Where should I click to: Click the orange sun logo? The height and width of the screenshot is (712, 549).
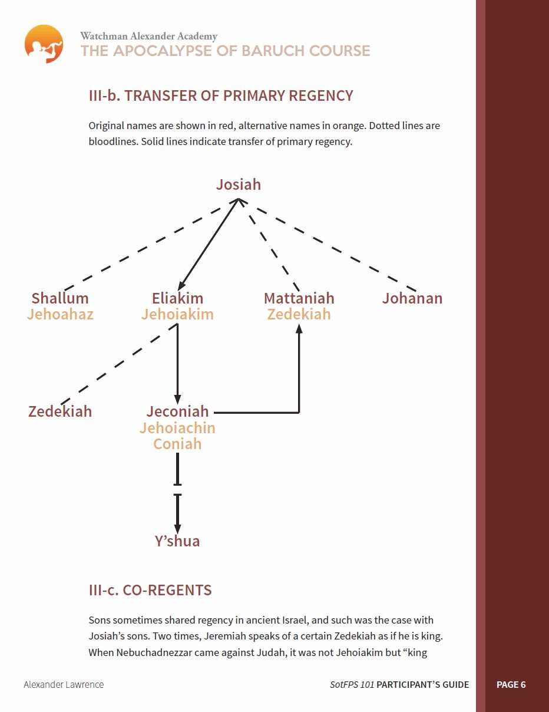(44, 44)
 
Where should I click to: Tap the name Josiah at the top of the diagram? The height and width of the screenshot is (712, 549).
(239, 185)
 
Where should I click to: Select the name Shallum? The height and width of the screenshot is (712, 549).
(60, 298)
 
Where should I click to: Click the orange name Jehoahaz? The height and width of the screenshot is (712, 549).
(60, 314)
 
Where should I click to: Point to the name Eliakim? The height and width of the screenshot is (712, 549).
(177, 298)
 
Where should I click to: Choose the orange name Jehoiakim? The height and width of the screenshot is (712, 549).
(177, 314)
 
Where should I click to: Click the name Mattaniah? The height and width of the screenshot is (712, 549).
(299, 298)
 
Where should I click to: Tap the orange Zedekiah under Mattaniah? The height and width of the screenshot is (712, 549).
(299, 314)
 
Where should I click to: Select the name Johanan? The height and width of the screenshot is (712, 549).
(412, 298)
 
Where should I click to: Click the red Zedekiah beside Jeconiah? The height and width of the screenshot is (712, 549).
(60, 411)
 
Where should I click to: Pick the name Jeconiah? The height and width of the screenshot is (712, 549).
(177, 411)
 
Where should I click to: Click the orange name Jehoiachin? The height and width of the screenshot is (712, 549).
(177, 428)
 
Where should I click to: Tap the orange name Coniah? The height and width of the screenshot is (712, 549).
(177, 444)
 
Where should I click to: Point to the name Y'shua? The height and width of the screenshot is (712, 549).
(177, 541)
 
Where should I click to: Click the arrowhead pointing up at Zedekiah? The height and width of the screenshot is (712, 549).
(299, 328)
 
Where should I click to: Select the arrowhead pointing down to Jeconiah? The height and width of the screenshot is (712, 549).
(177, 400)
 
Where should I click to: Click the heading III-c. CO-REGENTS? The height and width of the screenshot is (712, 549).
(150, 590)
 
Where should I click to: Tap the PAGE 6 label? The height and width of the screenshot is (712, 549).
(511, 685)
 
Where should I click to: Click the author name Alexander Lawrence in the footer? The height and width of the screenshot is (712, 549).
(64, 684)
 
